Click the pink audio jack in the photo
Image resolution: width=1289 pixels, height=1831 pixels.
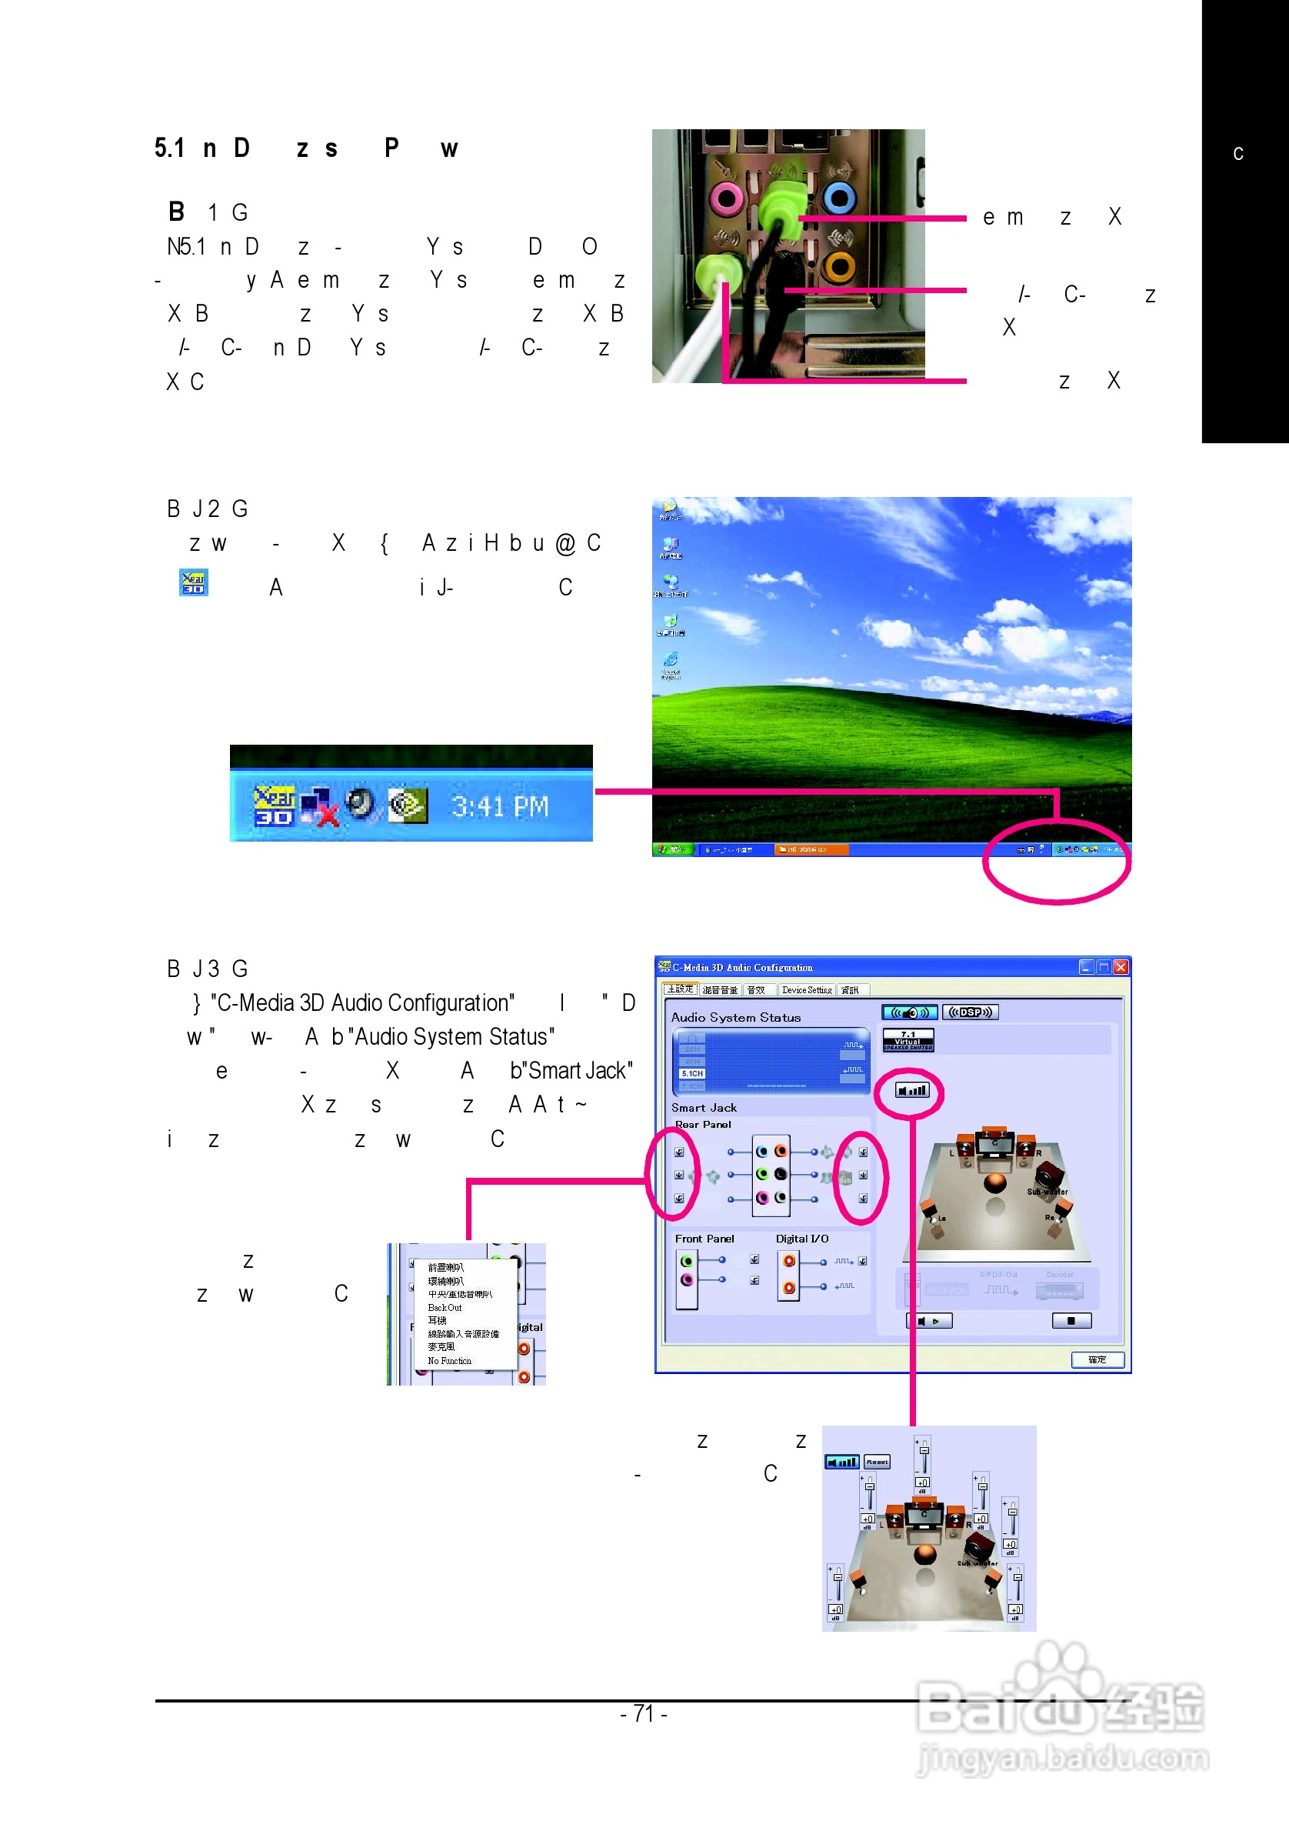pyautogui.click(x=725, y=198)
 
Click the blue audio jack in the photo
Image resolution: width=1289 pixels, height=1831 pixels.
pyautogui.click(x=839, y=197)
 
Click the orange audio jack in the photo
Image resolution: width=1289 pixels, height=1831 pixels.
pyautogui.click(x=838, y=265)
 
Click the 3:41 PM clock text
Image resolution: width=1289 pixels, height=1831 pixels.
pyautogui.click(x=500, y=807)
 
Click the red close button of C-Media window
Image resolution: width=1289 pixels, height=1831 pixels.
pyautogui.click(x=1120, y=966)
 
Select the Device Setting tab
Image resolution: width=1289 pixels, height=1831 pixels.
pyautogui.click(x=806, y=989)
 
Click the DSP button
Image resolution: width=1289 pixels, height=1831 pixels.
pyautogui.click(x=969, y=1012)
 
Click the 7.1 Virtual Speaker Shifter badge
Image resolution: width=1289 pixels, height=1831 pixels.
pyautogui.click(x=908, y=1040)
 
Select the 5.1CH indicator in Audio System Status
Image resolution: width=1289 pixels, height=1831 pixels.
pyautogui.click(x=692, y=1073)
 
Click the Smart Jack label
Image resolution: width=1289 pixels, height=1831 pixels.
pyautogui.click(x=703, y=1108)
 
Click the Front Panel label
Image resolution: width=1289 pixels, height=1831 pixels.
pyautogui.click(x=704, y=1239)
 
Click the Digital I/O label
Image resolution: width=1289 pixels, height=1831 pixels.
pyautogui.click(x=801, y=1239)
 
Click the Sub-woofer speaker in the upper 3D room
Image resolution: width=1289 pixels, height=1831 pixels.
pyautogui.click(x=1050, y=1176)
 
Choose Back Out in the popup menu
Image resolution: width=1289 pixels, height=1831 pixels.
pyautogui.click(x=444, y=1308)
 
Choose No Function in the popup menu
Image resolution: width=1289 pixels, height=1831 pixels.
pyautogui.click(x=449, y=1360)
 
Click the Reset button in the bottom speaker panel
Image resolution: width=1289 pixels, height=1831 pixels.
pyautogui.click(x=877, y=1462)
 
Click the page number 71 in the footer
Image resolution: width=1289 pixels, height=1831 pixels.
pyautogui.click(x=643, y=1714)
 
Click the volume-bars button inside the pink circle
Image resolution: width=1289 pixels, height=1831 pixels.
pyautogui.click(x=911, y=1090)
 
